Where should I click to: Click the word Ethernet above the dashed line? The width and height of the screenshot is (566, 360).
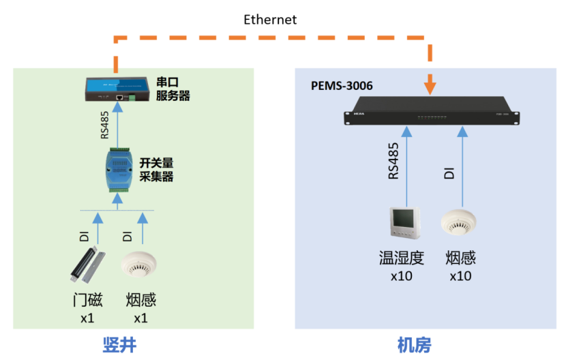pyautogui.click(x=270, y=20)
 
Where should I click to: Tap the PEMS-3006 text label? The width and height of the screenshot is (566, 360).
pyautogui.click(x=342, y=87)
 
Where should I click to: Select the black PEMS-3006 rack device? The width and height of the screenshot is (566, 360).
pyautogui.click(x=430, y=112)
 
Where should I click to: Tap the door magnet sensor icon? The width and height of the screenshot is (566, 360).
pyautogui.click(x=87, y=267)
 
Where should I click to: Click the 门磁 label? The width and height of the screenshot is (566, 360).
pyautogui.click(x=88, y=301)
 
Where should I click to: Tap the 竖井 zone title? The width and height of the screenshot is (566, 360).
pyautogui.click(x=120, y=344)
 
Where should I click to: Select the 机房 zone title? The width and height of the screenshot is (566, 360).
pyautogui.click(x=414, y=344)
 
